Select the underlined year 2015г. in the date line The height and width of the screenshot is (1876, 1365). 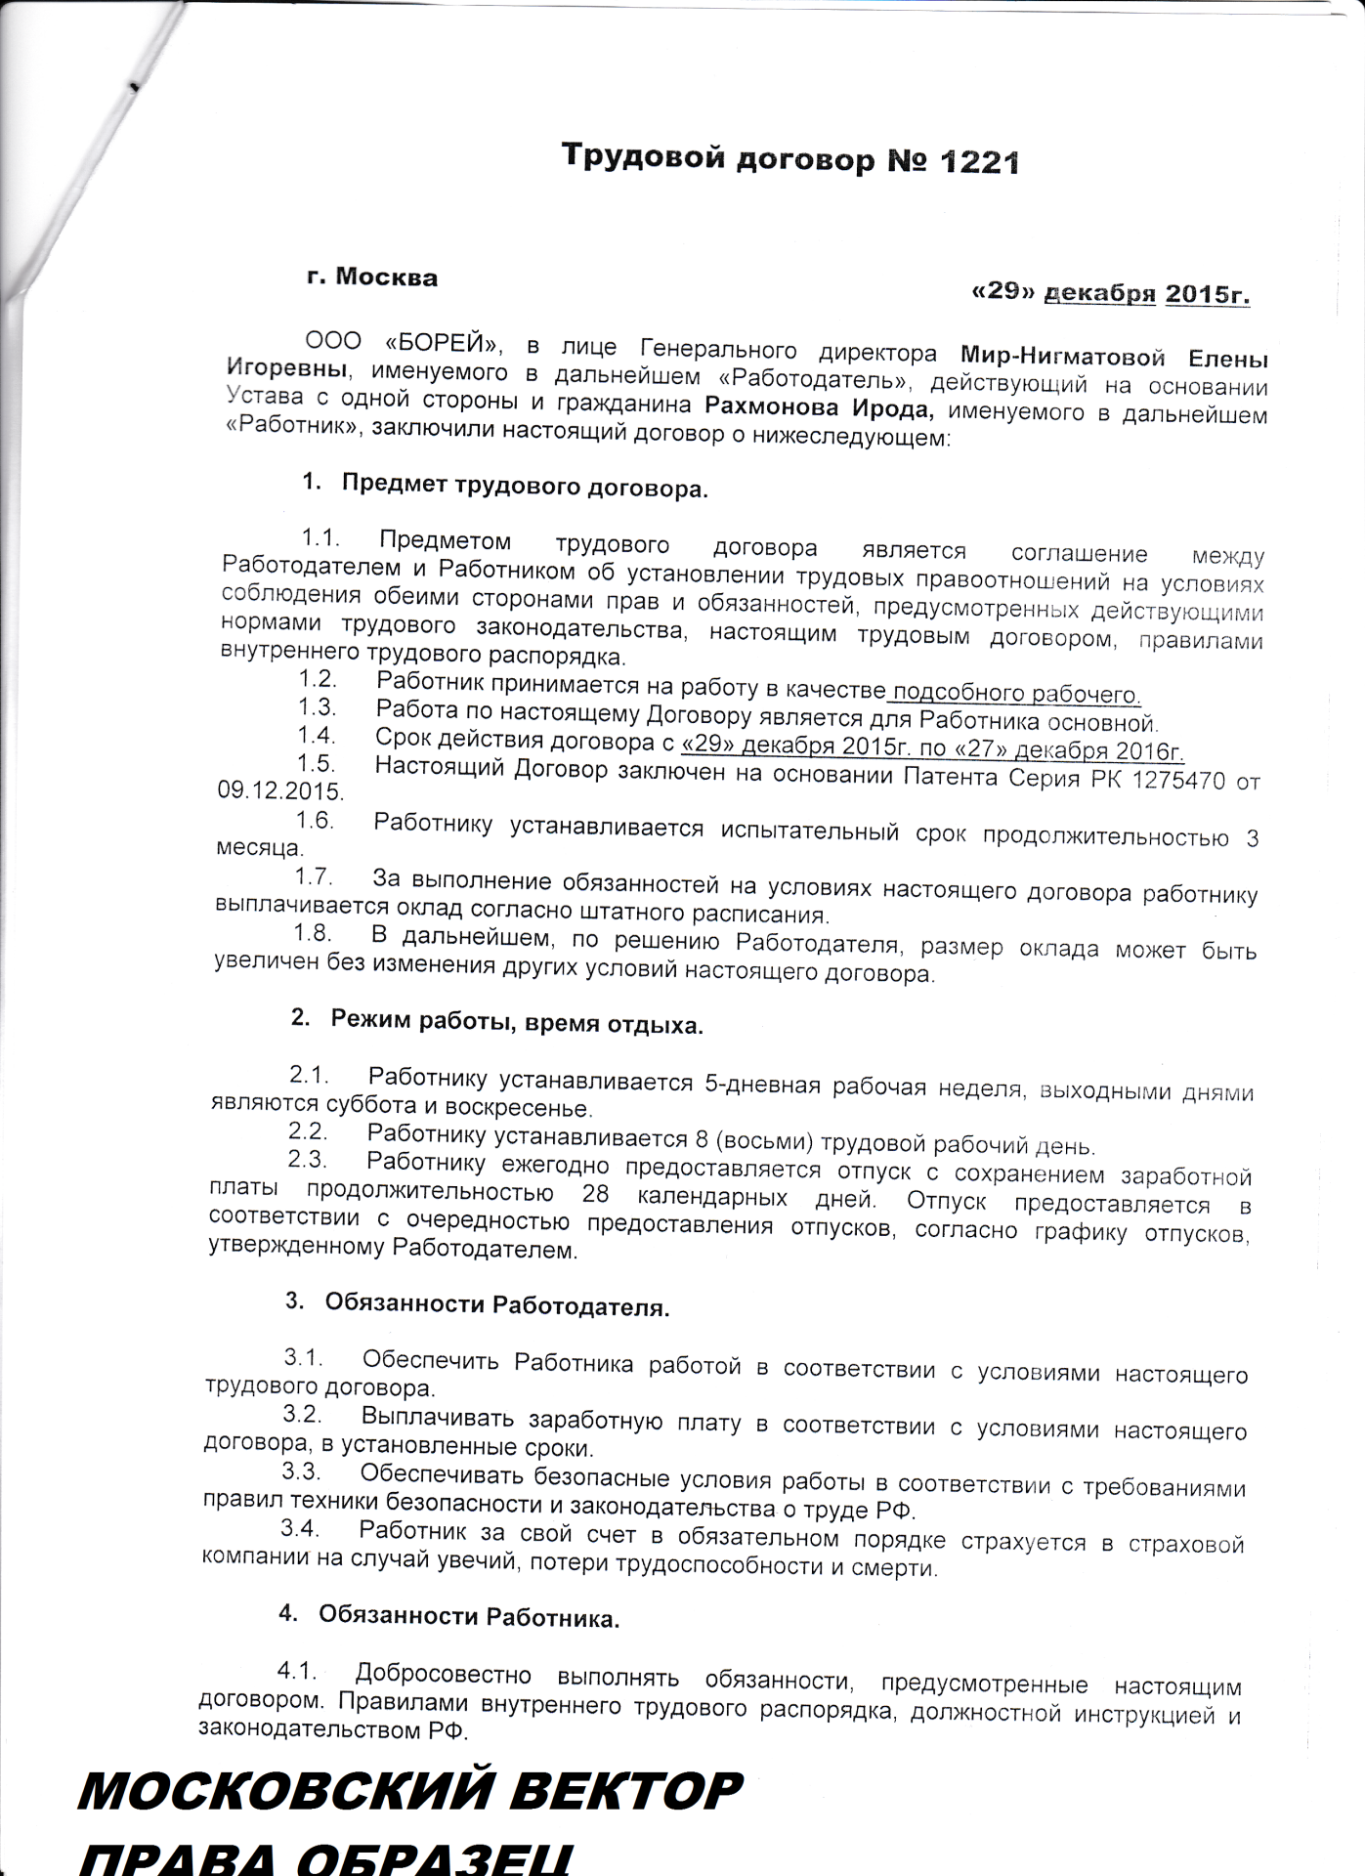(1207, 294)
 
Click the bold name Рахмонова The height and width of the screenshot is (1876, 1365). (769, 405)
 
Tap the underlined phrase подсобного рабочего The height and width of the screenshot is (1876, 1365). (1016, 694)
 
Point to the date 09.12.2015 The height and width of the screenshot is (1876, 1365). (280, 791)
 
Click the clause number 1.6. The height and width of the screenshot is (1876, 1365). (316, 822)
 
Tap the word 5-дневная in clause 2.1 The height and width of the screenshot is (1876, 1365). (760, 1085)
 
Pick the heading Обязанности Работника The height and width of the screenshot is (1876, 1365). (469, 1617)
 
